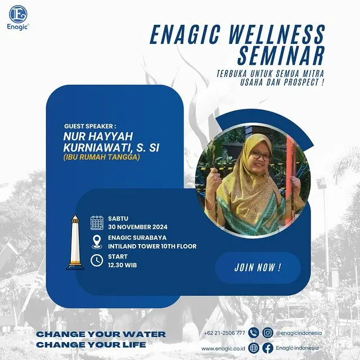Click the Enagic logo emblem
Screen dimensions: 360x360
18,14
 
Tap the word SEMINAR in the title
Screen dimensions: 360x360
281,55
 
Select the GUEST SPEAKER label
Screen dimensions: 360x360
90,126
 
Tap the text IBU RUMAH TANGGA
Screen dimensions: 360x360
101,157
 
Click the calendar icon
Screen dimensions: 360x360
97,223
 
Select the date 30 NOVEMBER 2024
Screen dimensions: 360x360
138,227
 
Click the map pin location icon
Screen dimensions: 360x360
97,242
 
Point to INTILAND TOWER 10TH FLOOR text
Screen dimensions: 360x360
152,246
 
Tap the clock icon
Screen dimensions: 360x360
97,260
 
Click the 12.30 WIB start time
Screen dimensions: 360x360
123,265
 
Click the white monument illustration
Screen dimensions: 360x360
75,242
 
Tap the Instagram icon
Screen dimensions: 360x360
268,333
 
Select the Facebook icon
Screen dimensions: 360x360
268,348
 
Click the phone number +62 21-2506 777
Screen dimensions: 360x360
224,333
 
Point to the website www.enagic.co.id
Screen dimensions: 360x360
223,349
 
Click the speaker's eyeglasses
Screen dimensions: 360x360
261,156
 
